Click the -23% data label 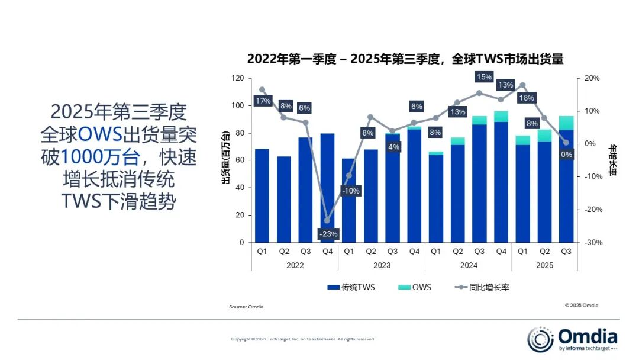(x=328, y=234)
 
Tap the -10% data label (x=350, y=191)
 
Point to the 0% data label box (x=566, y=155)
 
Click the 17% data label (x=263, y=101)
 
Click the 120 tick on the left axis (x=237, y=78)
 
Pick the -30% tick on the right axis (x=592, y=242)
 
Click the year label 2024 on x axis (x=469, y=265)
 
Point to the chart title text (x=405, y=59)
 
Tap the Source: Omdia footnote (x=246, y=307)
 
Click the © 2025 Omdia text (x=581, y=306)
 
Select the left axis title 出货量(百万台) (x=225, y=160)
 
